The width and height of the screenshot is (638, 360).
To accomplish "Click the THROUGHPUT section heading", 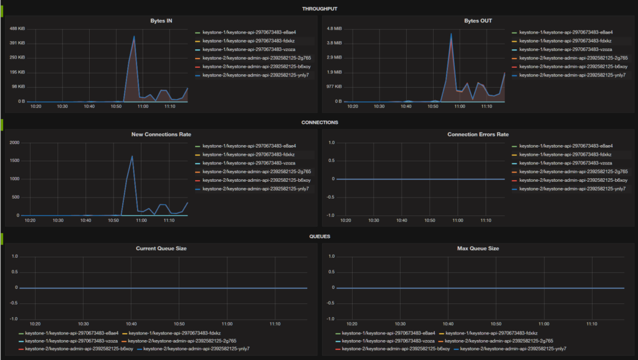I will point(318,9).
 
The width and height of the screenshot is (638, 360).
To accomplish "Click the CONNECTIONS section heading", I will point(318,123).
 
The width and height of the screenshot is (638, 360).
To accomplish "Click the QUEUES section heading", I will point(318,237).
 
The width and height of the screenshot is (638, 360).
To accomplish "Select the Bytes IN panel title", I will point(161,21).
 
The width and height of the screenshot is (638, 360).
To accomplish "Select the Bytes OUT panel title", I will point(478,21).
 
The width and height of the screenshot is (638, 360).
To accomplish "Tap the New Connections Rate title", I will point(161,135).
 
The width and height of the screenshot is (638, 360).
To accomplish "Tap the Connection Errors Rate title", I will point(478,135).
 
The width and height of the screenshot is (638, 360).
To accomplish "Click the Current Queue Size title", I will point(161,249).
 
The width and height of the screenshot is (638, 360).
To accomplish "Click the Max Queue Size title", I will point(478,249).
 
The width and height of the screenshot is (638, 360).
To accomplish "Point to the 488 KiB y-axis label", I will point(17,29).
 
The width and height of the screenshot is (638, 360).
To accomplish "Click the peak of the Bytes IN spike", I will point(133,36).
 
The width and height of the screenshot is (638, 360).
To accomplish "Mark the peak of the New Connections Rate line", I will point(132,156).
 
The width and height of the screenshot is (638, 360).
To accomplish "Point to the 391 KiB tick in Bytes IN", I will point(17,43).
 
